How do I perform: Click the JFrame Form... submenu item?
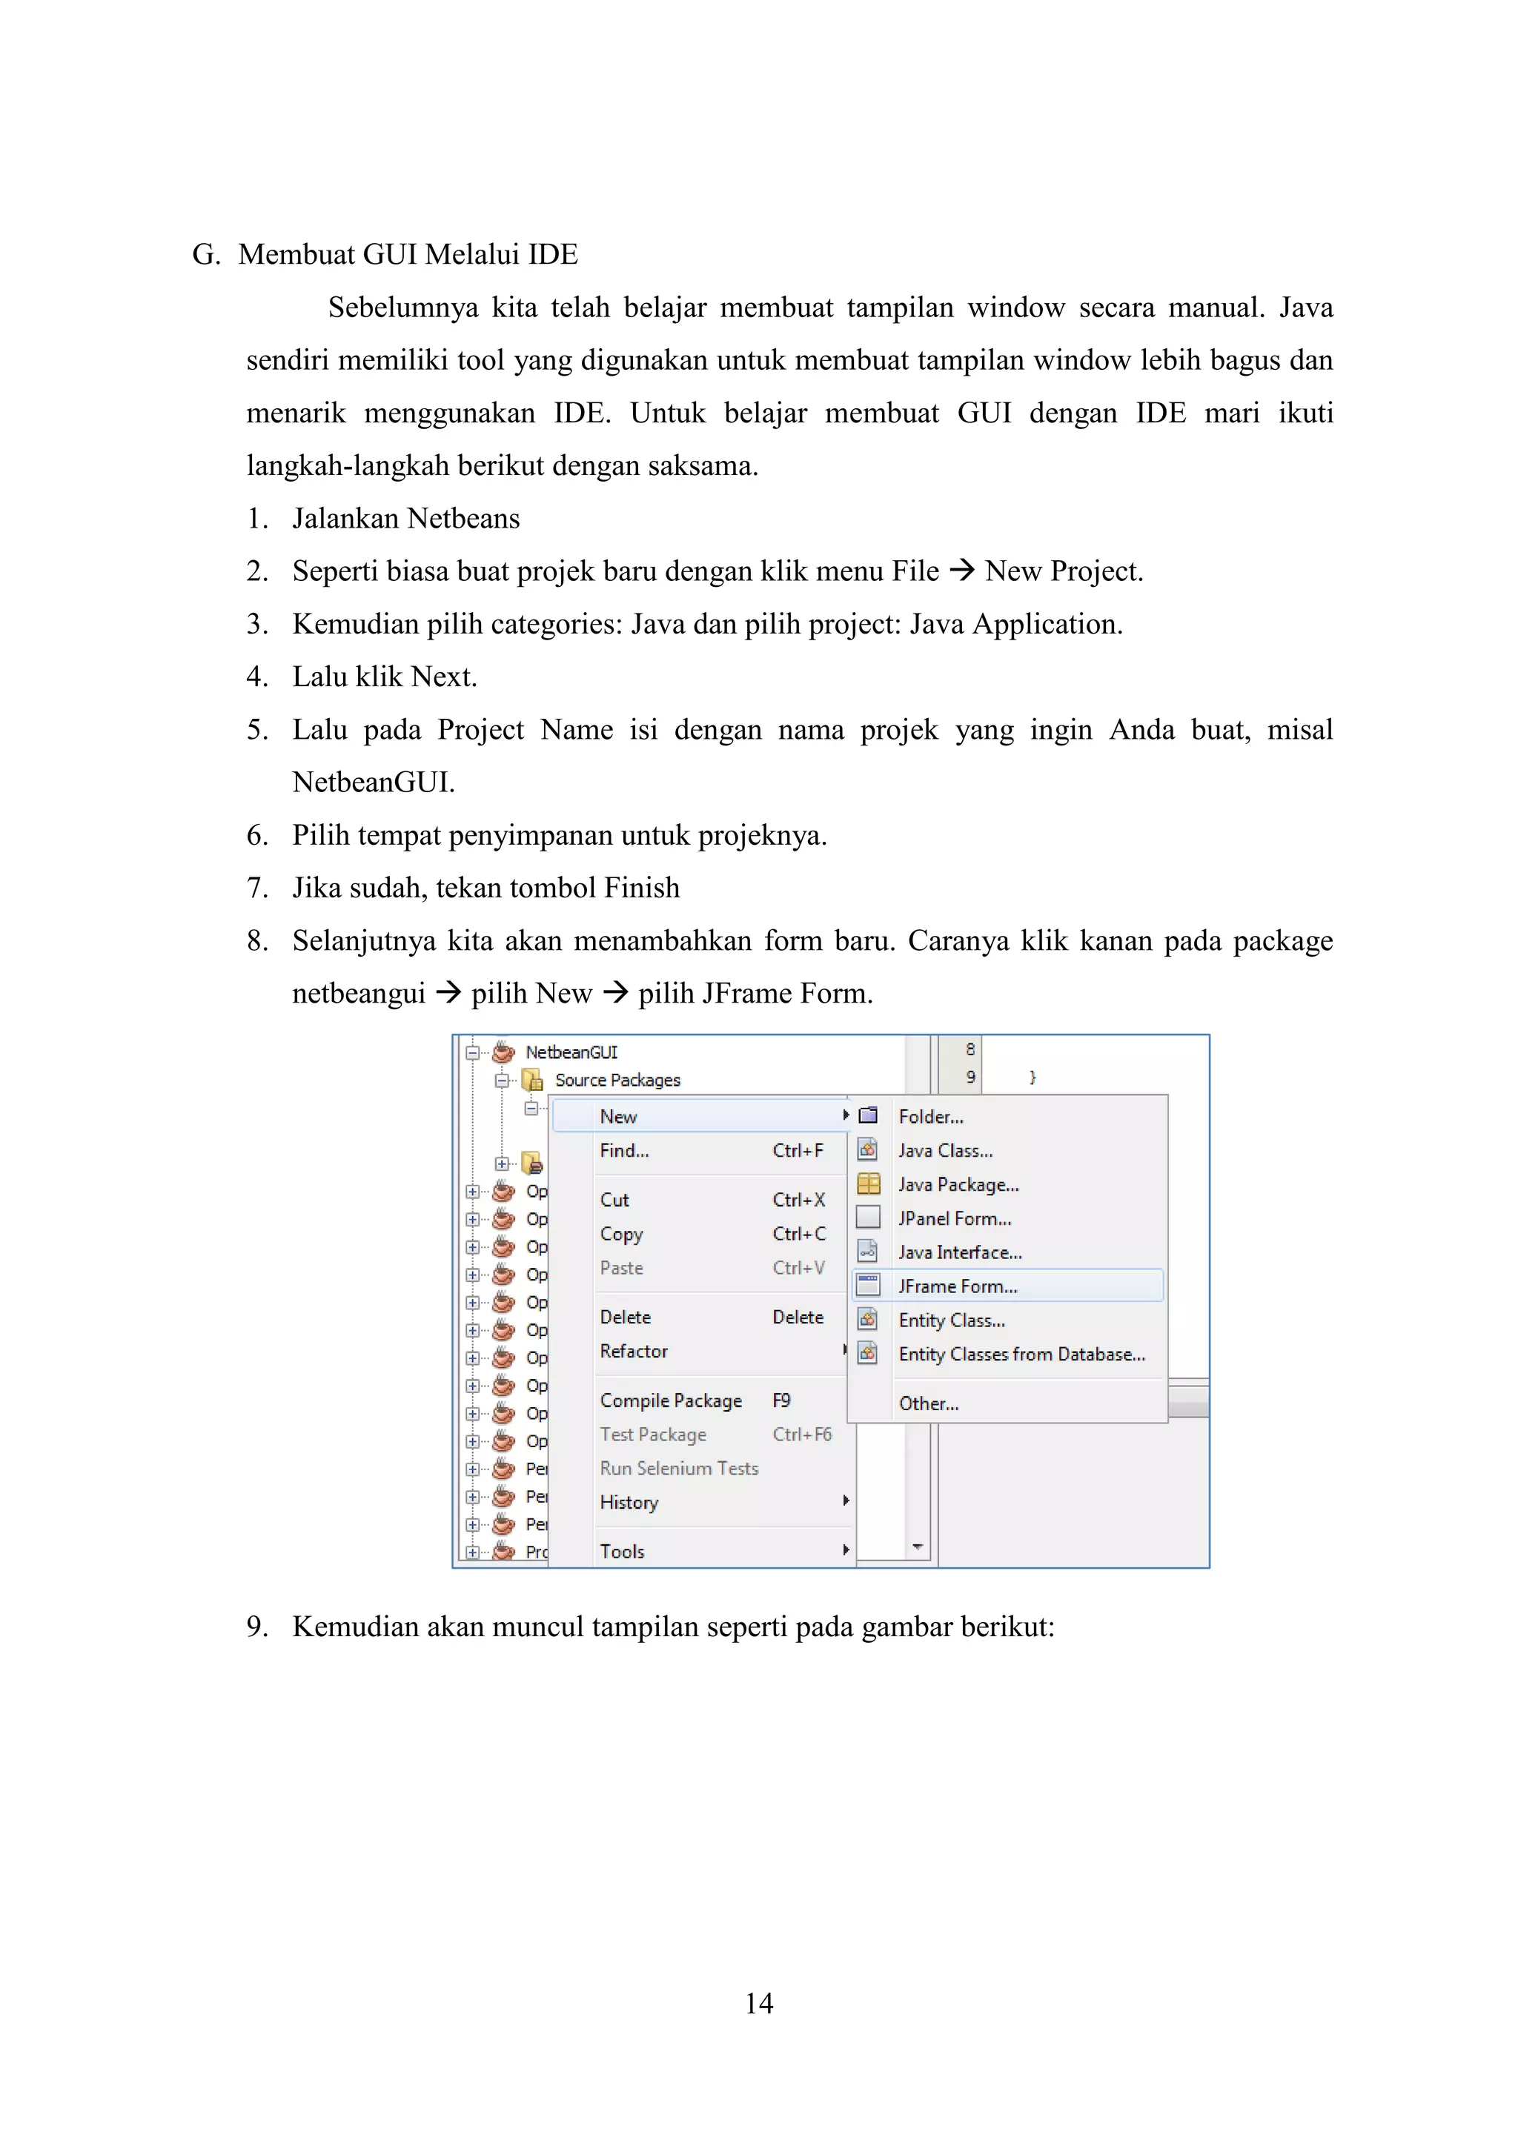click(x=957, y=1286)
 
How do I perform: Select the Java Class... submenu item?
click(x=945, y=1151)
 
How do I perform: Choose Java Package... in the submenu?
click(x=958, y=1184)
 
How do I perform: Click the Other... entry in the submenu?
click(x=928, y=1403)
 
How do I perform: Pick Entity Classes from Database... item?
click(x=1021, y=1355)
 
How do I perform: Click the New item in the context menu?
click(x=619, y=1116)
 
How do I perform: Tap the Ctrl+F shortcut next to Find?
click(x=798, y=1151)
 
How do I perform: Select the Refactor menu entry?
click(x=634, y=1351)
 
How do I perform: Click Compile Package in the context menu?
click(x=670, y=1400)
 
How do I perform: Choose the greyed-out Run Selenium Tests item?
click(x=679, y=1469)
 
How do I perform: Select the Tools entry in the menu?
click(x=623, y=1552)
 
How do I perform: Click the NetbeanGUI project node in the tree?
click(x=571, y=1052)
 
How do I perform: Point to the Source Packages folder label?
click(x=617, y=1080)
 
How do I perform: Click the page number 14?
click(x=758, y=2003)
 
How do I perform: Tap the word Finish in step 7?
click(x=641, y=887)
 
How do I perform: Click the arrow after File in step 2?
click(x=962, y=570)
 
